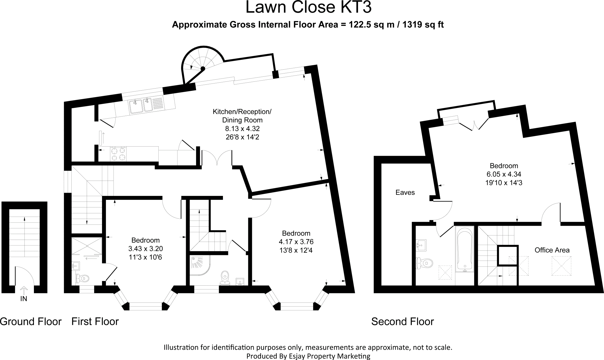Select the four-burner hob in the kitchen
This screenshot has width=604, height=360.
[x=118, y=154]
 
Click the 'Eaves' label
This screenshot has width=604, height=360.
[x=405, y=193]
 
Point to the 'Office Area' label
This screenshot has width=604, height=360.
[x=552, y=250]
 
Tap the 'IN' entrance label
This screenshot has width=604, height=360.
[x=24, y=299]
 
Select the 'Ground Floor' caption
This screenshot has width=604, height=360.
[x=31, y=321]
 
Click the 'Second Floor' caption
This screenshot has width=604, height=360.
[x=402, y=321]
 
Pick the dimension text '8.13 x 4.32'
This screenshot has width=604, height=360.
[x=242, y=129]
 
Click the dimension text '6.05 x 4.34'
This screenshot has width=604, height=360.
[x=504, y=174]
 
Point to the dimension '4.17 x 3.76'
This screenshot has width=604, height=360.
[x=296, y=242]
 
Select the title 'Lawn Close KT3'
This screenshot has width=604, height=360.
[x=308, y=8]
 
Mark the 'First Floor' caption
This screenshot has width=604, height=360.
[x=95, y=321]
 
